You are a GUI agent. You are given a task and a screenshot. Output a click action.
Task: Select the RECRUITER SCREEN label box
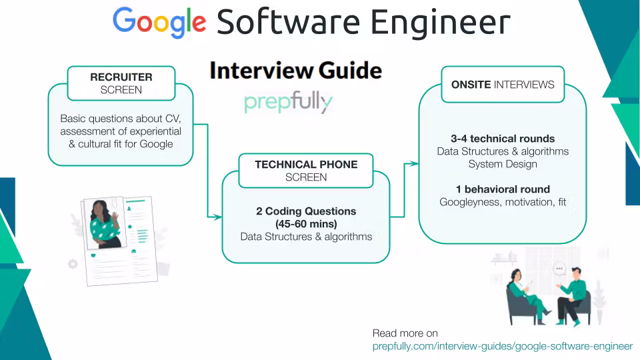pyautogui.click(x=121, y=83)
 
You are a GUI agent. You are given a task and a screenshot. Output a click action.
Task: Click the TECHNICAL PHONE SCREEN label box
pyautogui.click(x=306, y=171)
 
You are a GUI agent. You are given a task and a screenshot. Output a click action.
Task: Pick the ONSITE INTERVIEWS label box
pyautogui.click(x=502, y=85)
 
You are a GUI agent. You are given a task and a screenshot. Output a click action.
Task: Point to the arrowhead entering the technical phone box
pyautogui.click(x=217, y=217)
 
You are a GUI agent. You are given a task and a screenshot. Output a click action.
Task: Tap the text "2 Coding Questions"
pyautogui.click(x=306, y=211)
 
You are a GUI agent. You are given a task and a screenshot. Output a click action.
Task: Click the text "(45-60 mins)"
pyautogui.click(x=306, y=224)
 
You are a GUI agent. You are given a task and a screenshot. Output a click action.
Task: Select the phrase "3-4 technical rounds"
pyautogui.click(x=503, y=139)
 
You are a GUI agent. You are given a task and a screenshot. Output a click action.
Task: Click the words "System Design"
pyautogui.click(x=503, y=164)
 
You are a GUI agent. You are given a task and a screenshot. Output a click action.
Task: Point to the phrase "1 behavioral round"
pyautogui.click(x=503, y=189)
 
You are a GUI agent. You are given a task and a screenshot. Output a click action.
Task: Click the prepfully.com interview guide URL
pyautogui.click(x=502, y=346)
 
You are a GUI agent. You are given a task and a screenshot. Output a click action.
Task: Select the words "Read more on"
pyautogui.click(x=405, y=333)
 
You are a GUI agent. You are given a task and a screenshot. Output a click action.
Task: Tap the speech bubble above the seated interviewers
pyautogui.click(x=559, y=269)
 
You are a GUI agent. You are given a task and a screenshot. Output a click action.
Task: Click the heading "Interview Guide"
pyautogui.click(x=296, y=71)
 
